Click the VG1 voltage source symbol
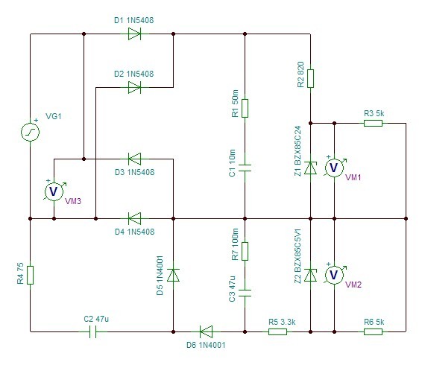point(30,132)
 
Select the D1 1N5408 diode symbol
point(134,34)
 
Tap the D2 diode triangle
point(134,87)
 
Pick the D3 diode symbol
point(134,159)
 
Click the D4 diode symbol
point(134,219)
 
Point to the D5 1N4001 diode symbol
point(173,275)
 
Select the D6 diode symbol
point(206,331)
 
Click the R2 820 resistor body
point(310,78)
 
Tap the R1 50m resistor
point(245,108)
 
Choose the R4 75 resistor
point(30,275)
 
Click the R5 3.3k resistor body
point(278,331)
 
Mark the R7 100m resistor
point(245,251)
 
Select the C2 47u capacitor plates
point(92,331)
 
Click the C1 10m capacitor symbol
point(245,168)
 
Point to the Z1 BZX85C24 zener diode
point(310,168)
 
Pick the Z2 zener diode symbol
point(310,275)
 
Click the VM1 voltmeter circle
point(334,168)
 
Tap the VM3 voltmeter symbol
point(54,191)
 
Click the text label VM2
point(353,285)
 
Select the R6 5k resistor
point(373,331)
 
